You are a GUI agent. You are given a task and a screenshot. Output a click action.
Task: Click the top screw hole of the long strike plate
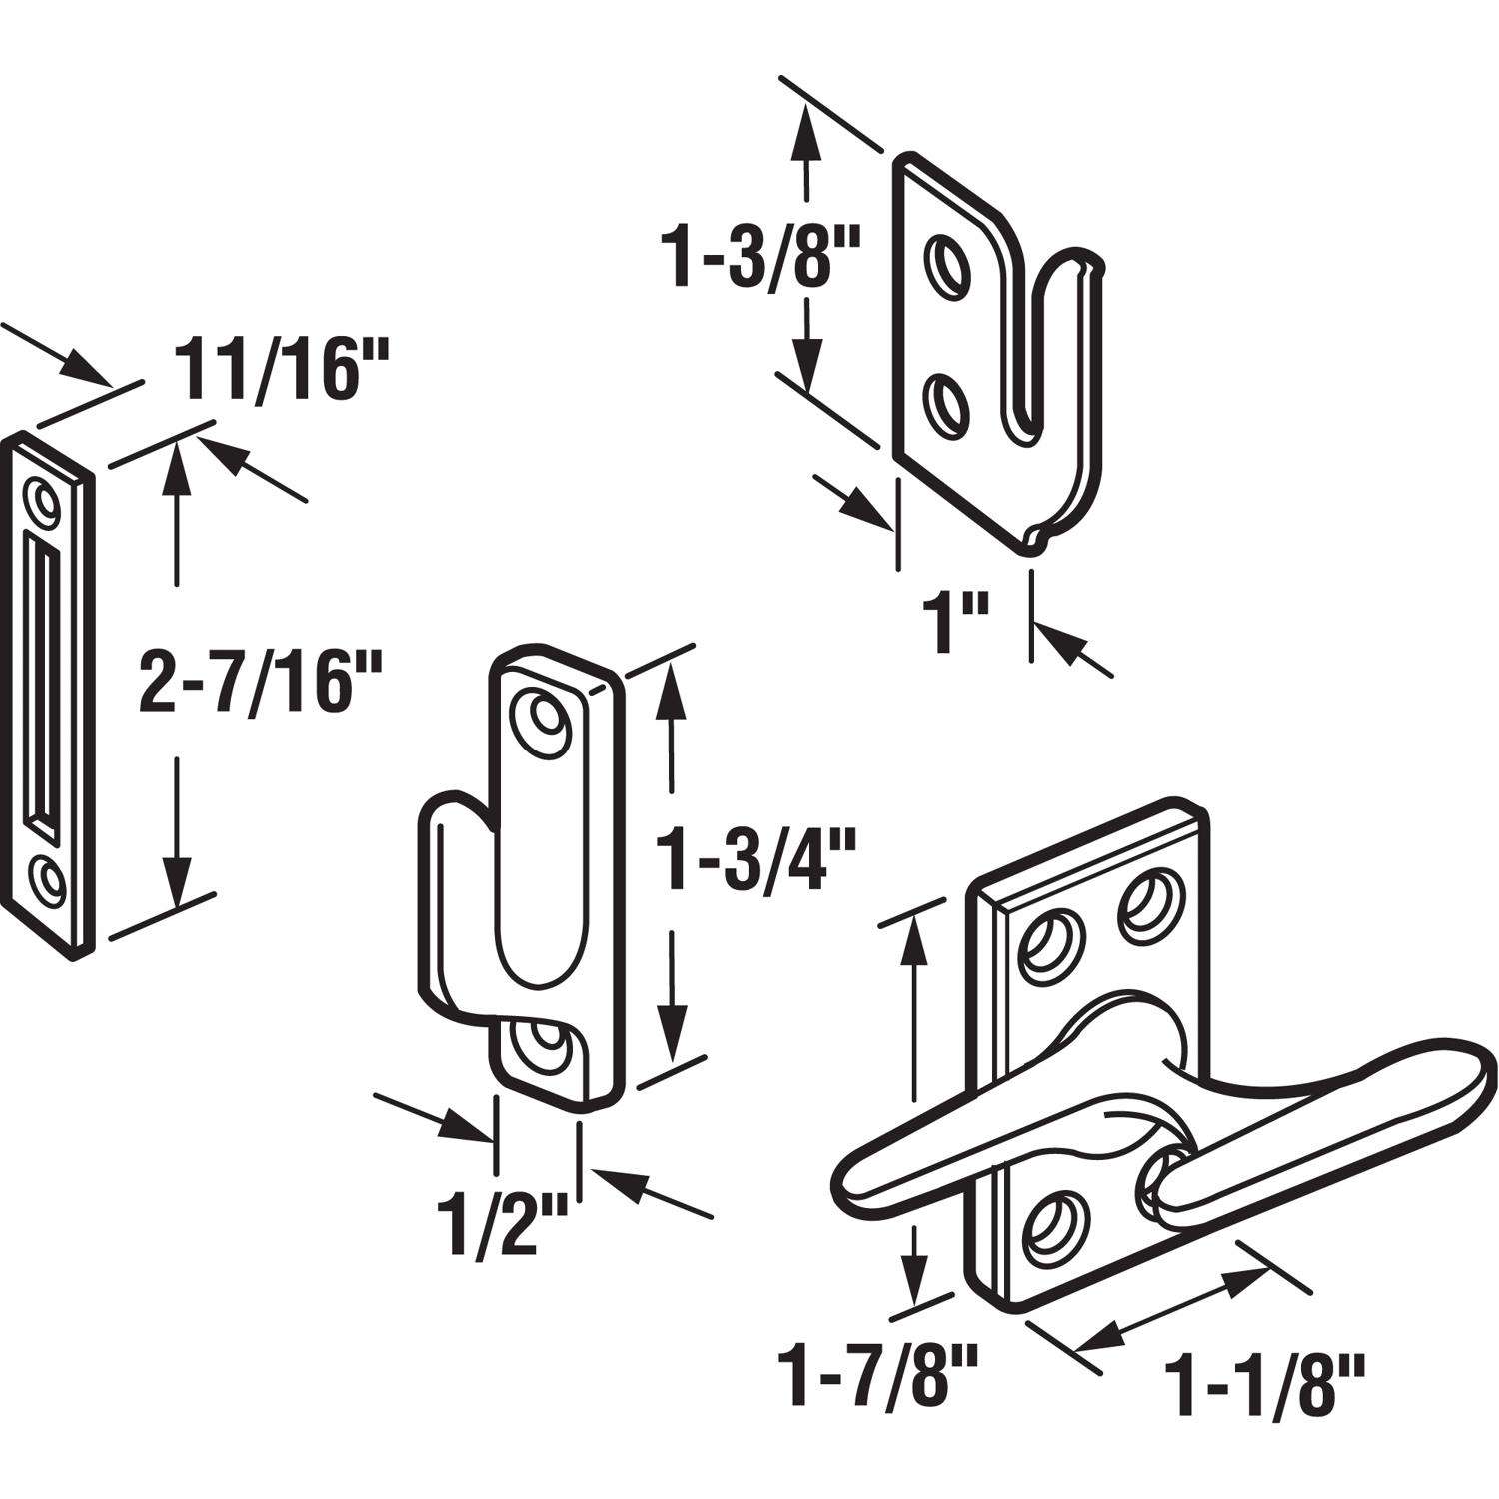(x=43, y=500)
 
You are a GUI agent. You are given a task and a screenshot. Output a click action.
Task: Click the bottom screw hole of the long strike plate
(x=44, y=879)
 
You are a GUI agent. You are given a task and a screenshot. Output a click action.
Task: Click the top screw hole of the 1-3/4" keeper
(x=546, y=719)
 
